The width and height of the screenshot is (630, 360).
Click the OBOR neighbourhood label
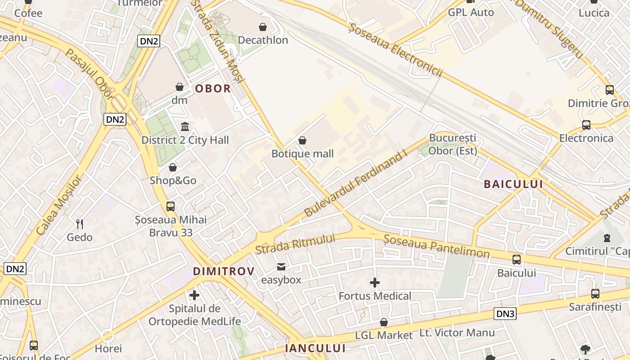tap(213, 89)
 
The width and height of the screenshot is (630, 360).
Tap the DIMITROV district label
tap(224, 271)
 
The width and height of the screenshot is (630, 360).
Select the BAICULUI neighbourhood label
tap(513, 184)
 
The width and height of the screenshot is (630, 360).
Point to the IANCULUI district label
tap(315, 348)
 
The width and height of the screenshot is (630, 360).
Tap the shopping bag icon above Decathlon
tap(263, 27)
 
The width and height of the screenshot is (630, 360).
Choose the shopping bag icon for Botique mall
tap(302, 141)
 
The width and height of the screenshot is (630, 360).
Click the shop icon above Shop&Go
tap(173, 168)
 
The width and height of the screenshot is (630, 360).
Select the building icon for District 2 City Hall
tap(185, 126)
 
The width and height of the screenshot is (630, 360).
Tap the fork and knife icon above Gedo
tap(80, 224)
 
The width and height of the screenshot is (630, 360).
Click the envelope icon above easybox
tap(281, 267)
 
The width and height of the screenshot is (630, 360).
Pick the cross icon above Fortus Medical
tap(374, 283)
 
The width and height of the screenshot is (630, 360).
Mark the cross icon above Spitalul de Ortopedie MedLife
tap(194, 295)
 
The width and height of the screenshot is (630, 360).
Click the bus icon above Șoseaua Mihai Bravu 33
tap(171, 207)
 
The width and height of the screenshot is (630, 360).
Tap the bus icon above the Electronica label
tap(586, 125)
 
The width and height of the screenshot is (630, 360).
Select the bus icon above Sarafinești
tap(595, 294)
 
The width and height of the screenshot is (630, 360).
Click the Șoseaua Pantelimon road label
tap(436, 247)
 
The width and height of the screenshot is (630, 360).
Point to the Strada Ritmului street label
tap(295, 244)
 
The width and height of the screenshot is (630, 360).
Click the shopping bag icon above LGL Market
tap(384, 322)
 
